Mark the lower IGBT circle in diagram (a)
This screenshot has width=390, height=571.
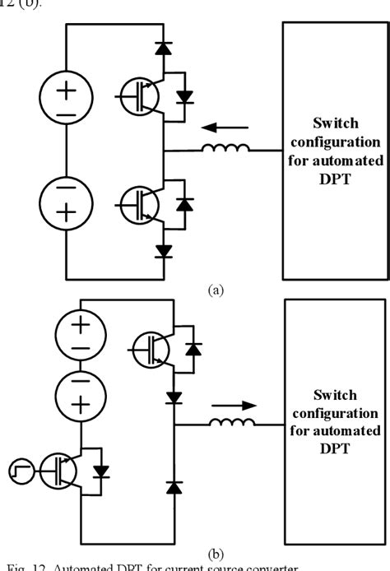(137, 202)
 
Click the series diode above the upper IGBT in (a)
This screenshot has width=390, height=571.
(165, 48)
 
